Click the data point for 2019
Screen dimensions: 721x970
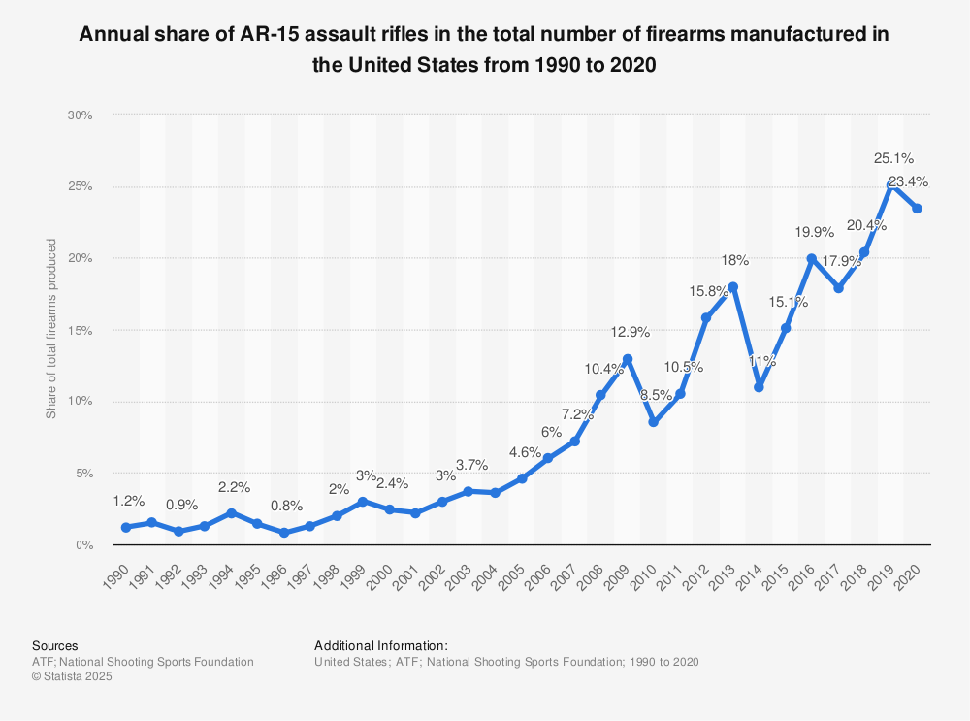point(890,184)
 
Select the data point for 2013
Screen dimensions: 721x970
point(732,286)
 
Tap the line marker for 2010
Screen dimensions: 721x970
point(654,422)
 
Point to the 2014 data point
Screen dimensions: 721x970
point(759,387)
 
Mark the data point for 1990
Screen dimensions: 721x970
point(126,527)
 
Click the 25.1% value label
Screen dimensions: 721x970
point(893,157)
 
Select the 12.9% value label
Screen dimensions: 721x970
point(630,332)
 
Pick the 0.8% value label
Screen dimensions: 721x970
point(286,506)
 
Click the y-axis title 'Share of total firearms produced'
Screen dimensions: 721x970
point(51,329)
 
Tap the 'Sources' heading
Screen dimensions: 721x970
point(55,645)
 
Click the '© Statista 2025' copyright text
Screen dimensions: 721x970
point(72,677)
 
